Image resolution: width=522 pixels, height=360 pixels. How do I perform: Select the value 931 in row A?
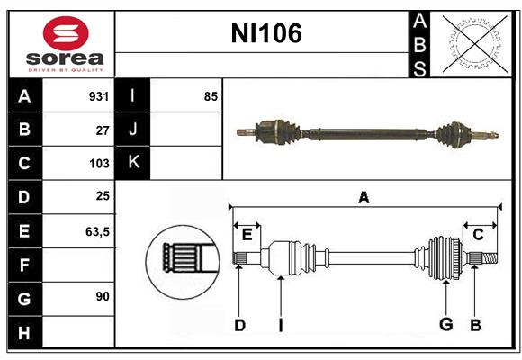(x=99, y=96)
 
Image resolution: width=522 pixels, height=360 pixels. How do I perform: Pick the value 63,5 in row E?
(x=97, y=231)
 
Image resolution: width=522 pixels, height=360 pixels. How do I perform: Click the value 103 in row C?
(x=99, y=164)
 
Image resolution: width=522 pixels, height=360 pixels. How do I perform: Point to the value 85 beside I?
(x=211, y=96)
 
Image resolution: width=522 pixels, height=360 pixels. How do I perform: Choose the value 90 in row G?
(x=102, y=296)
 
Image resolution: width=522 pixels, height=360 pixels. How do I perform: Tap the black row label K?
(x=133, y=163)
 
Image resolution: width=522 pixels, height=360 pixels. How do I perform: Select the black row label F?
(x=24, y=265)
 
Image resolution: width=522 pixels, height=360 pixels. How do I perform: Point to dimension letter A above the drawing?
(x=364, y=198)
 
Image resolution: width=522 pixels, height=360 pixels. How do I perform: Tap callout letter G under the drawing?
(x=445, y=325)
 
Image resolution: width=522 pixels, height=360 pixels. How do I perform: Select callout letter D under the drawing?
(x=239, y=325)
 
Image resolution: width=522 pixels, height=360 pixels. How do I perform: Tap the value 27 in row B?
(x=103, y=130)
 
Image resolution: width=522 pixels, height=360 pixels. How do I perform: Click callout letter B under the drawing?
(x=475, y=325)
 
